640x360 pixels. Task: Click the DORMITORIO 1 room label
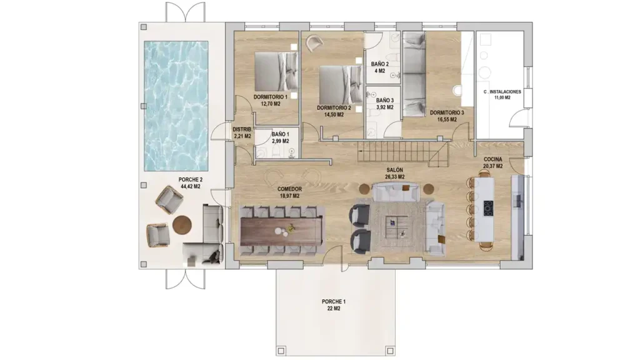tap(270, 97)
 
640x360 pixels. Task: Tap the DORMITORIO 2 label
tap(334, 108)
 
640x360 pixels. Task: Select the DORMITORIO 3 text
tap(447, 112)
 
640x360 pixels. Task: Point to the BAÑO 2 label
tap(379, 64)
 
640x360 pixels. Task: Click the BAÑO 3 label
tap(385, 101)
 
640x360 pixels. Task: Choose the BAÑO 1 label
tap(281, 134)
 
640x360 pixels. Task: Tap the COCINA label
tap(493, 159)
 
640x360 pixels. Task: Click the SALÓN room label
tap(395, 170)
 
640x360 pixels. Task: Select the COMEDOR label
tap(290, 189)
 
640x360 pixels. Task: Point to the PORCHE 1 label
tap(334, 302)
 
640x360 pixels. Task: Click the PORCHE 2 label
tap(191, 179)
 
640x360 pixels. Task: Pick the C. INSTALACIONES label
tap(502, 92)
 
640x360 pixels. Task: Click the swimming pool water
tap(176, 106)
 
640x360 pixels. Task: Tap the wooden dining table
tap(282, 231)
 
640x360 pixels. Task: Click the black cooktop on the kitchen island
tap(488, 208)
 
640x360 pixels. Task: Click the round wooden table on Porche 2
tap(182, 225)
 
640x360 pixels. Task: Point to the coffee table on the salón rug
tap(397, 227)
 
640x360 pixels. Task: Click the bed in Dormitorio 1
tap(276, 71)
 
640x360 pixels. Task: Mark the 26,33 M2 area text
tap(395, 177)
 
